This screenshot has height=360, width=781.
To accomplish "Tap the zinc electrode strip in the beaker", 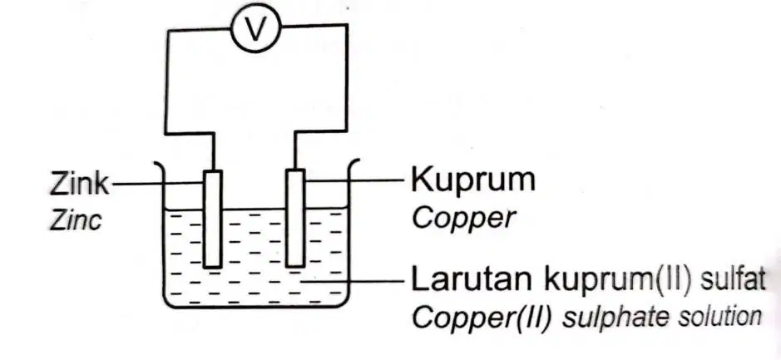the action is (213, 219).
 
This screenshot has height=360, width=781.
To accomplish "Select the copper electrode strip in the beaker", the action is (295, 218).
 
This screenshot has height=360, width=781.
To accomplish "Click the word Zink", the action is (79, 183).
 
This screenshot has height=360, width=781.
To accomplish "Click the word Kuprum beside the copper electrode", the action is (472, 180).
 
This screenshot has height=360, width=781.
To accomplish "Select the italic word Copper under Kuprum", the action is (463, 218).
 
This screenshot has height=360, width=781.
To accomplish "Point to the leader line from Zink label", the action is (158, 184).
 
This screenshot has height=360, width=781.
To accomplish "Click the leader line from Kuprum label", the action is (354, 180).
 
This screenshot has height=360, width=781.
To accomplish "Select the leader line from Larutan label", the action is (352, 281).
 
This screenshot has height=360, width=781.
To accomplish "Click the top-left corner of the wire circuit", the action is (167, 31).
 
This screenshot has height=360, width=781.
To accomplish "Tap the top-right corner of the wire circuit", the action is (346, 25).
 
